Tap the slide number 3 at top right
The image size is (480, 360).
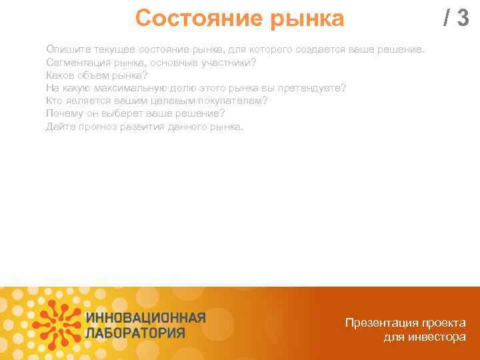(x=461, y=19)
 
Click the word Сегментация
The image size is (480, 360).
(x=78, y=63)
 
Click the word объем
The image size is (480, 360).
(x=95, y=75)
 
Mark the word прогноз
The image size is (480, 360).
(x=97, y=126)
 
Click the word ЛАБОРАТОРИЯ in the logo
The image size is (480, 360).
(x=135, y=333)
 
